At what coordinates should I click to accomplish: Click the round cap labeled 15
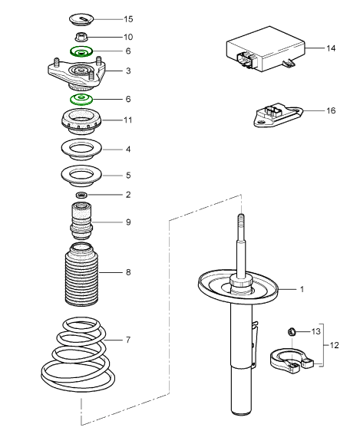(80, 17)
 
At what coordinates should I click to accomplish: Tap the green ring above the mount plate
(80, 51)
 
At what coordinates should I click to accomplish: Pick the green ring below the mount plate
(80, 99)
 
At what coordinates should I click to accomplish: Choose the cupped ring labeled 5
(80, 176)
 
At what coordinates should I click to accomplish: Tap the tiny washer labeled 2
(81, 196)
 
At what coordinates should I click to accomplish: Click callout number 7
(128, 340)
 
